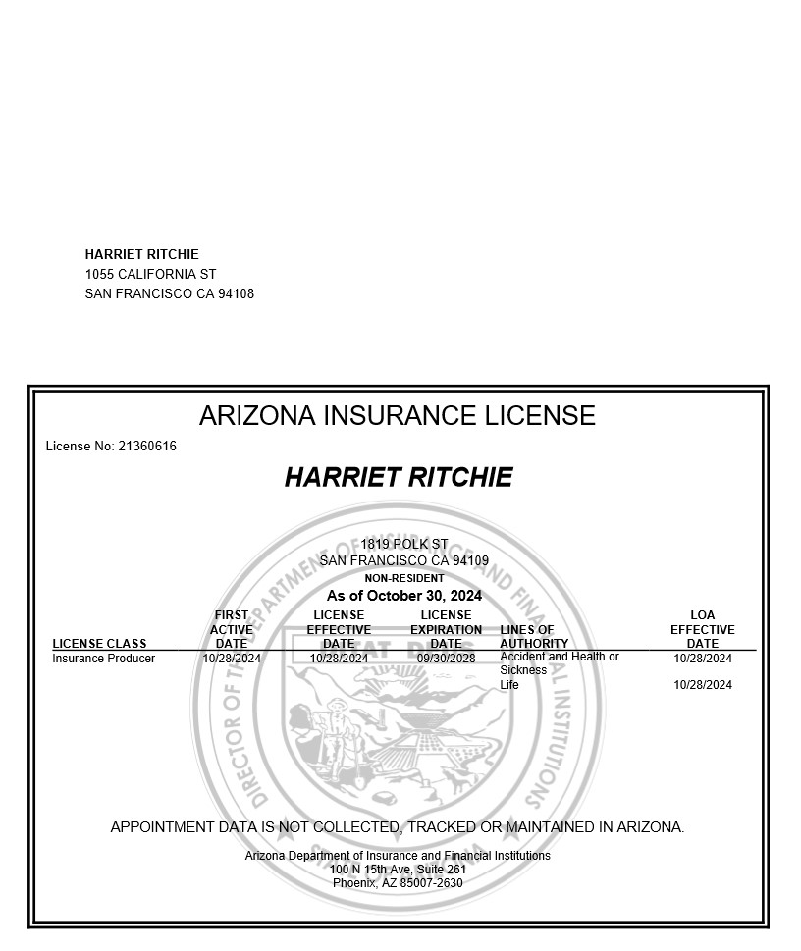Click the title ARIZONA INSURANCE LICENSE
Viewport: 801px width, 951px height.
(x=397, y=416)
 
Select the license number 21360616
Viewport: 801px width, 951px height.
(x=147, y=447)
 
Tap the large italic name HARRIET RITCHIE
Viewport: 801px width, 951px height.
(x=398, y=478)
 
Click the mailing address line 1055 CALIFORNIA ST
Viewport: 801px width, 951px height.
(x=150, y=274)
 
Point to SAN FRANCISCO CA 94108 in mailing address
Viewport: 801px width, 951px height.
(x=169, y=293)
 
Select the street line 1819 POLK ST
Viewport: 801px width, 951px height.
(x=403, y=544)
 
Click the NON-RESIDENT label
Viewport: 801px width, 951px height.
(x=403, y=578)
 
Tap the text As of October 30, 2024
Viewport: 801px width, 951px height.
(x=403, y=596)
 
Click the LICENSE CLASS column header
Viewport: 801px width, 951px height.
(x=99, y=644)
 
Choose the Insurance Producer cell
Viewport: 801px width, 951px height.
(x=103, y=659)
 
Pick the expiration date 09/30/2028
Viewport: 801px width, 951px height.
(x=446, y=659)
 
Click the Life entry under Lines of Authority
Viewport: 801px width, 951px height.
(x=508, y=685)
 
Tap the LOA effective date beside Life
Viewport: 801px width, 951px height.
(x=702, y=685)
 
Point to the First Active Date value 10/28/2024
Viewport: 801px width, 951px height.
(x=232, y=659)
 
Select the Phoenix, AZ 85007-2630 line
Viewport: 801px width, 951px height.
(x=397, y=883)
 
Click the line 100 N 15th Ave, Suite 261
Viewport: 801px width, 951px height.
(x=397, y=870)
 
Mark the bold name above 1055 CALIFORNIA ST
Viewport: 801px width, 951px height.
(x=141, y=254)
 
